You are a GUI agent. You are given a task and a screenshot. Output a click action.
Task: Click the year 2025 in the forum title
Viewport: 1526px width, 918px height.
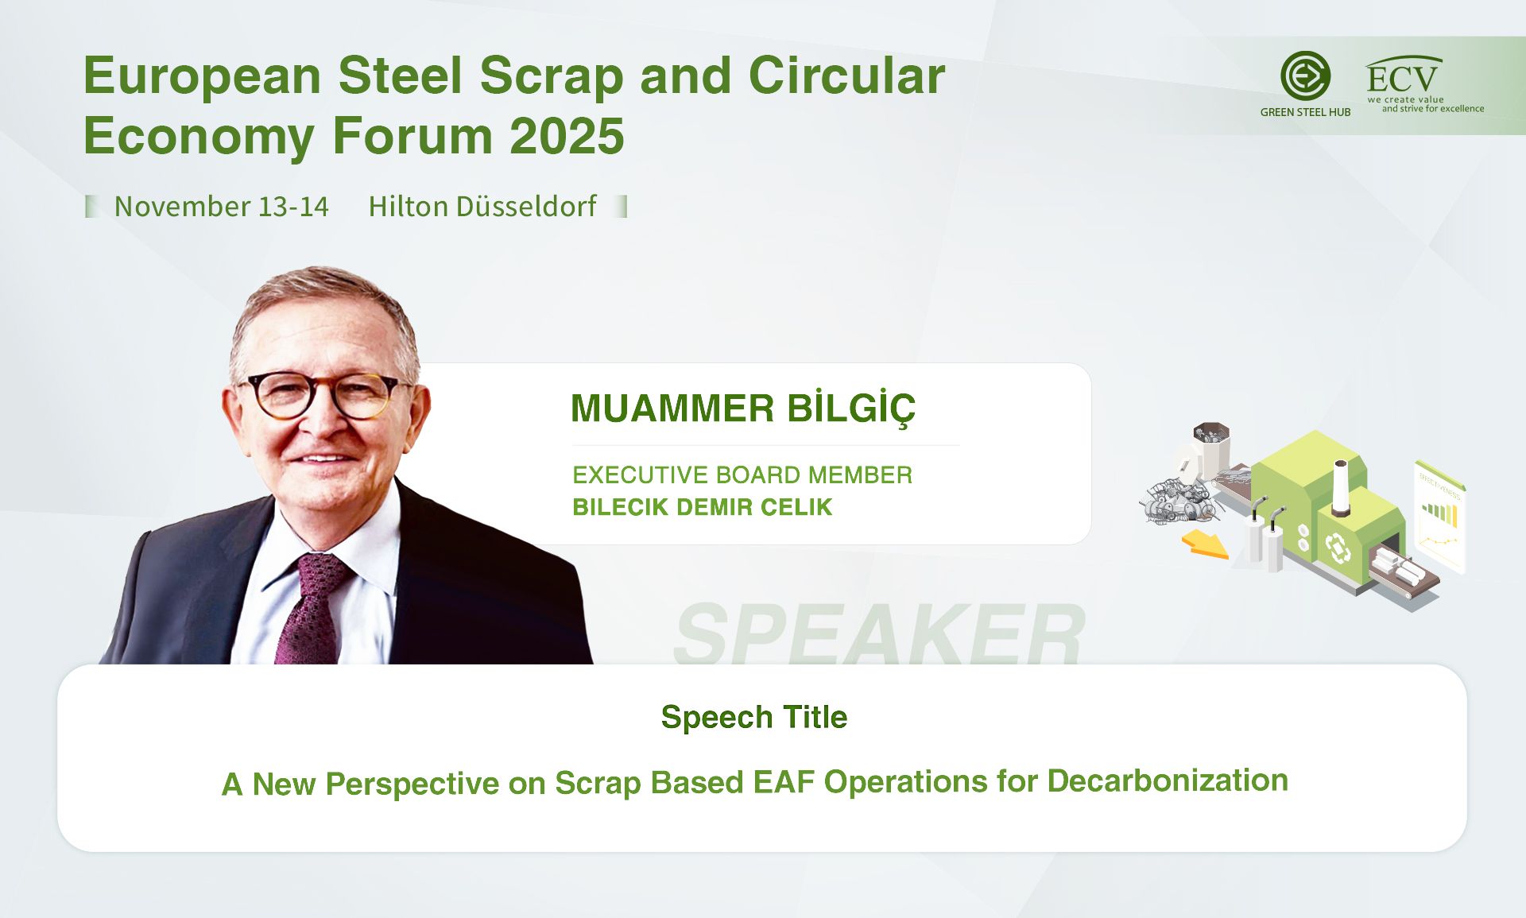point(567,135)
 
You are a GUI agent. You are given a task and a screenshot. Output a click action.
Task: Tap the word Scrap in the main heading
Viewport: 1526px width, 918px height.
point(552,77)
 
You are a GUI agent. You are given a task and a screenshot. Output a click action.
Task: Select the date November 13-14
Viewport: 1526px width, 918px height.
point(221,207)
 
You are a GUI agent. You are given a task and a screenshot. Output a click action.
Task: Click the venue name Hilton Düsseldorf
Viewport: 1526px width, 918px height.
point(482,207)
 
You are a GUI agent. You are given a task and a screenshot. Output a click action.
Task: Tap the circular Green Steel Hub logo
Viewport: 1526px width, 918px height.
point(1305,76)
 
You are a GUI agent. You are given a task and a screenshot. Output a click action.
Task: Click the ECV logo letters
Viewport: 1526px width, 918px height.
point(1402,78)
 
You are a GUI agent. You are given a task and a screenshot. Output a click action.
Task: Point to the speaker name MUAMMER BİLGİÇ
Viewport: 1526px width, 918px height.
point(743,409)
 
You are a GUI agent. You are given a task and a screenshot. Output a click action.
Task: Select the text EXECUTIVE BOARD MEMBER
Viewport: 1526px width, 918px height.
point(742,475)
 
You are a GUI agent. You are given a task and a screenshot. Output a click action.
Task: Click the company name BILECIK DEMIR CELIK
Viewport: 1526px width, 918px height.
point(702,507)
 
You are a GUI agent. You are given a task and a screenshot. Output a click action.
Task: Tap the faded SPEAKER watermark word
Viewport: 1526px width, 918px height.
point(879,633)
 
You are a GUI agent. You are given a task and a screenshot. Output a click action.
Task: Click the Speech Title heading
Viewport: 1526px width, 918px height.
point(754,718)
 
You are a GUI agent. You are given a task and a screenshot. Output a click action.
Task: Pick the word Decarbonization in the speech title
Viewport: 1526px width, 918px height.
point(1168,780)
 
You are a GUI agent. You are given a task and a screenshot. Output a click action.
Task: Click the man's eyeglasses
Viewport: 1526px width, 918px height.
point(326,396)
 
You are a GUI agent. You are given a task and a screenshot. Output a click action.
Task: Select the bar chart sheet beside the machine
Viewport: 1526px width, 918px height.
point(1440,517)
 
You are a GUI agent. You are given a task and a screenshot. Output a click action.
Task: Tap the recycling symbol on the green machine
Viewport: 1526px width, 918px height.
point(1338,548)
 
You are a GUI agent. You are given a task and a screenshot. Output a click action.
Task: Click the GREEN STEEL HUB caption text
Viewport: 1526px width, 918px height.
point(1305,112)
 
